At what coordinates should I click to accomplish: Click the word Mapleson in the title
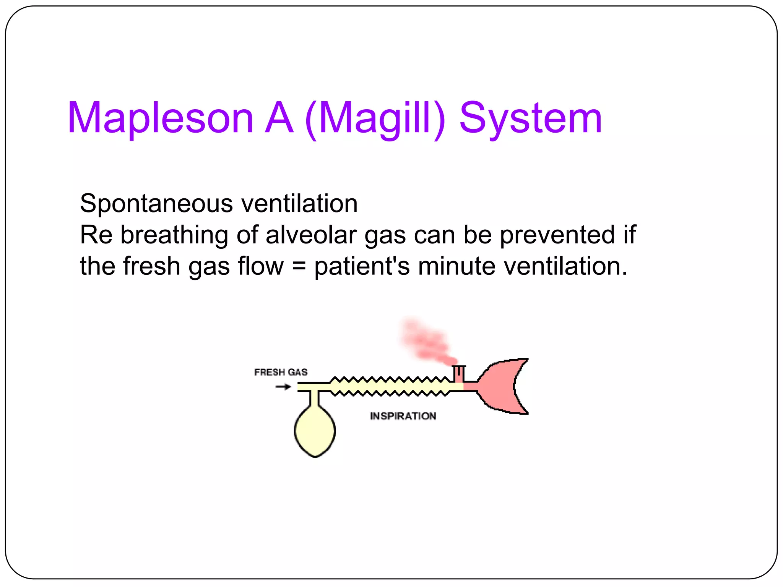(x=161, y=118)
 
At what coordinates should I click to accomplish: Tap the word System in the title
(x=531, y=118)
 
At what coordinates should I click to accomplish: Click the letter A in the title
(x=279, y=118)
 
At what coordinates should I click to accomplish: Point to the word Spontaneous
(x=156, y=204)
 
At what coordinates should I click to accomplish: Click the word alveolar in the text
(x=311, y=235)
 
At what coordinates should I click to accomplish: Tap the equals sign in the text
(x=299, y=266)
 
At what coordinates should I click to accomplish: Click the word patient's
(x=362, y=266)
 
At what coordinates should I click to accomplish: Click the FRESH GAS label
(x=281, y=372)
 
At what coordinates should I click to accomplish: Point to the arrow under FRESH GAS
(x=283, y=387)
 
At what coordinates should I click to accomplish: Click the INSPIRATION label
(x=403, y=416)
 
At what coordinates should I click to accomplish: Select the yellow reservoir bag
(x=315, y=431)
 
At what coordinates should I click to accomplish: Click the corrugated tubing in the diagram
(x=390, y=386)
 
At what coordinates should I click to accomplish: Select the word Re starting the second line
(x=96, y=235)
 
